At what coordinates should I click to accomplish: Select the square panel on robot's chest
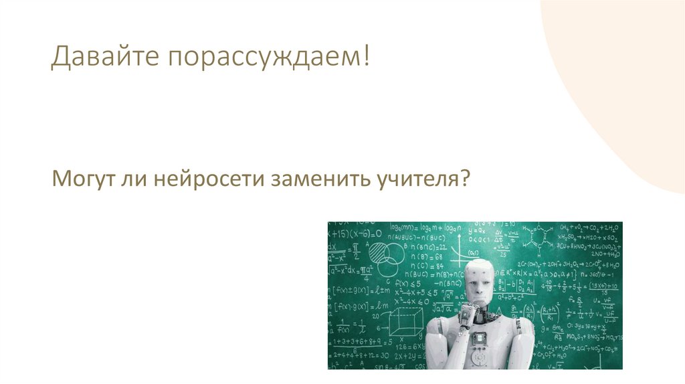click(480, 339)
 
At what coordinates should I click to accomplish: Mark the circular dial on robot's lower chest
click(480, 358)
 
